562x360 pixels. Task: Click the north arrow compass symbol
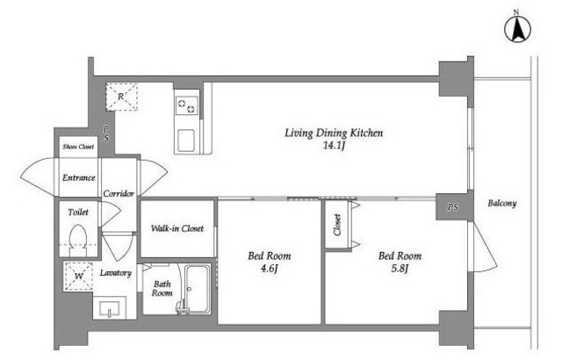517,29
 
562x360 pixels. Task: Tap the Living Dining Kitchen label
334,133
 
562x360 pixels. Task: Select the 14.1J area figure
334,146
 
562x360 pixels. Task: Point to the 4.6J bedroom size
270,269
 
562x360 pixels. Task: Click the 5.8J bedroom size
400,269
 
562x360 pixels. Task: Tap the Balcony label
501,203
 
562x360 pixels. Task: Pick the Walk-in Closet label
177,228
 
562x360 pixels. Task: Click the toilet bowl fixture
78,240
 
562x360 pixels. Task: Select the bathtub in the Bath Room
198,290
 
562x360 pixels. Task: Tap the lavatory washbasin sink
109,308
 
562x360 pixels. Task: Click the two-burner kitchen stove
186,105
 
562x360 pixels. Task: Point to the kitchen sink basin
186,140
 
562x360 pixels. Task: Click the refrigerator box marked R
121,97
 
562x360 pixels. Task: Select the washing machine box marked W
78,276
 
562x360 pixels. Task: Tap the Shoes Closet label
78,147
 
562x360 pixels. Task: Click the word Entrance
78,177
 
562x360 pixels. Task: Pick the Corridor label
119,193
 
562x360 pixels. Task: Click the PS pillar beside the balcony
453,206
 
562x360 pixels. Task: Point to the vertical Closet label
337,225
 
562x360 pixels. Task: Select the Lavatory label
115,273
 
